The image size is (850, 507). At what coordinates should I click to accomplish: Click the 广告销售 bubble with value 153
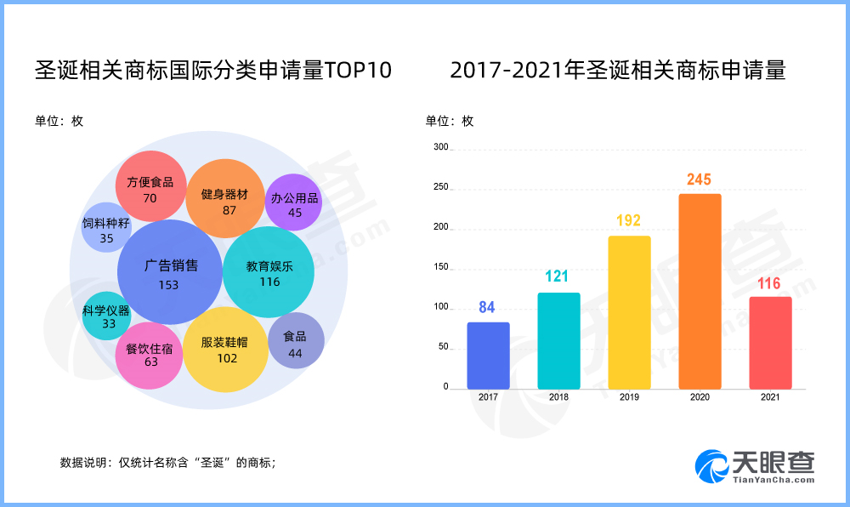point(170,272)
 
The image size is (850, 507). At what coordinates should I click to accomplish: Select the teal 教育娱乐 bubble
point(269,272)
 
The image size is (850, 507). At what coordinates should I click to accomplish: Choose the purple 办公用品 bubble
point(294,202)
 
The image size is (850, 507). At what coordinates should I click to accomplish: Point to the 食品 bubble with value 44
point(296,341)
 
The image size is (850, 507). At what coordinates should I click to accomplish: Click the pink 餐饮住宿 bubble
point(150,355)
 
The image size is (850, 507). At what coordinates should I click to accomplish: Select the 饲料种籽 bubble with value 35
point(105,227)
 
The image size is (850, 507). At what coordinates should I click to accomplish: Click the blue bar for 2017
point(488,356)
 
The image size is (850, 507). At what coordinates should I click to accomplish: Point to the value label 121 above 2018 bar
point(558,276)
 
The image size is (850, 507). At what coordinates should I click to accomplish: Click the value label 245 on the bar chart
point(700,179)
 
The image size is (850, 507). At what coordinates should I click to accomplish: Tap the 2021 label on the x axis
point(770,396)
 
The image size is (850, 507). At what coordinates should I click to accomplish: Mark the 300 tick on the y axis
point(439,147)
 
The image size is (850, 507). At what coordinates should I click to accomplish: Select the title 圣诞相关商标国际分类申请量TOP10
point(213,71)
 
